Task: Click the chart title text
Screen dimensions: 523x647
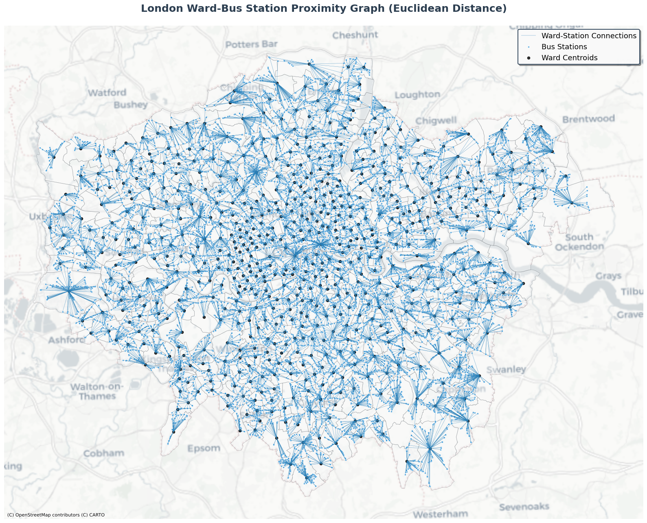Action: coord(323,9)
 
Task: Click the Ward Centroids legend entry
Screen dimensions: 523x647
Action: coord(569,58)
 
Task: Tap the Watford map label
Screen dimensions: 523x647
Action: coord(107,93)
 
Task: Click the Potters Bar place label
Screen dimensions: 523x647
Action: coord(251,44)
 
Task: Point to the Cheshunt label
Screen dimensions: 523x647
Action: coord(355,35)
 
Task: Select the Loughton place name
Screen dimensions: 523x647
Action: coord(417,95)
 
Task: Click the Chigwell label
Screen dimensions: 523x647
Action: coord(436,121)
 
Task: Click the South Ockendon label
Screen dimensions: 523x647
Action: coord(579,242)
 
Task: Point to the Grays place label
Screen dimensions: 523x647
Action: coord(608,276)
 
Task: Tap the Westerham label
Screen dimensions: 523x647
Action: coord(440,514)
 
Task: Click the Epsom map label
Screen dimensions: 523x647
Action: coord(204,449)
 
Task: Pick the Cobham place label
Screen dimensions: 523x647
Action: coord(103,453)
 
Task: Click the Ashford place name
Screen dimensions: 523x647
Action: coord(67,340)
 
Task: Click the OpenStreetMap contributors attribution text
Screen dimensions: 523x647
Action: coord(56,515)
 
